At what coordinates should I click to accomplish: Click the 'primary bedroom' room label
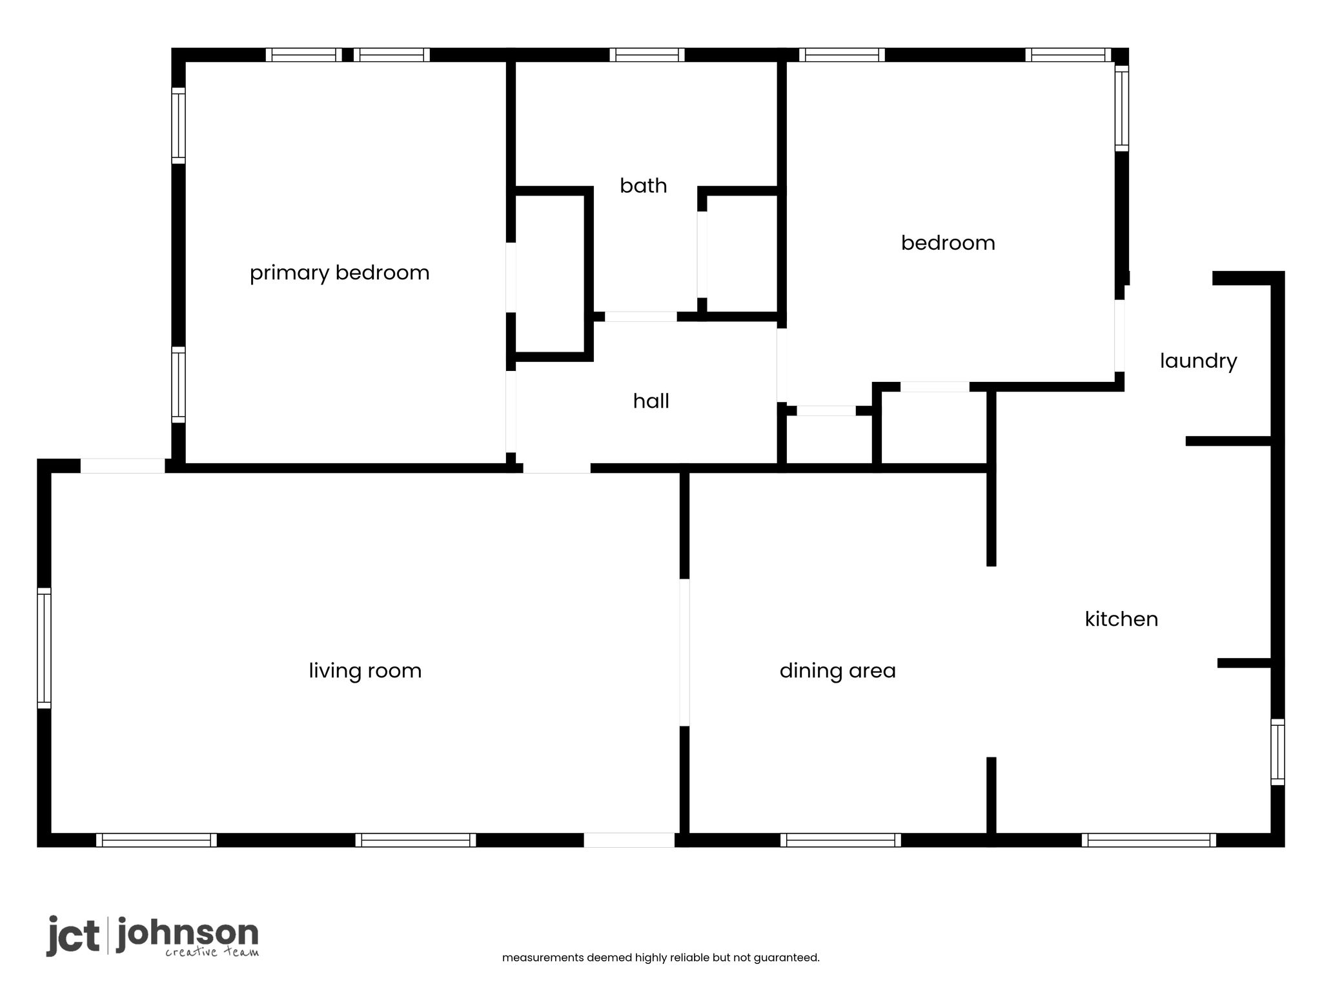pyautogui.click(x=340, y=273)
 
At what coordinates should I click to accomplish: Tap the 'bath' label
pyautogui.click(x=643, y=186)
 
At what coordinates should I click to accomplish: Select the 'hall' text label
pyautogui.click(x=651, y=401)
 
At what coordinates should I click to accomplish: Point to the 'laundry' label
pyautogui.click(x=1198, y=361)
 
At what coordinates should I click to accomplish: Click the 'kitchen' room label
pyautogui.click(x=1121, y=619)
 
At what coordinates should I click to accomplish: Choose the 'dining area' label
pyautogui.click(x=837, y=671)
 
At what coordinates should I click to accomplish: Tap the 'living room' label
pyautogui.click(x=365, y=671)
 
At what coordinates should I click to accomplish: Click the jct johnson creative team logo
pyautogui.click(x=152, y=936)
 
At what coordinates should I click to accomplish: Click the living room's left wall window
pyautogui.click(x=44, y=648)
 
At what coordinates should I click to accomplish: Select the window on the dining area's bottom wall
pyautogui.click(x=840, y=840)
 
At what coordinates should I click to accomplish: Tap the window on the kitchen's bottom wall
pyautogui.click(x=1149, y=840)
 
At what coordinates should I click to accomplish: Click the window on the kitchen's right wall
pyautogui.click(x=1277, y=752)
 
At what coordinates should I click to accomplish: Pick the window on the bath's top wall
pyautogui.click(x=647, y=55)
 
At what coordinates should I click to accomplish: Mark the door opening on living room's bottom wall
pyautogui.click(x=629, y=840)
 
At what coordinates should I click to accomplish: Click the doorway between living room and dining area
pyautogui.click(x=684, y=652)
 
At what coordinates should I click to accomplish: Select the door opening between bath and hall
pyautogui.click(x=640, y=317)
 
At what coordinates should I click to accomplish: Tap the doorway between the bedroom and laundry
pyautogui.click(x=1119, y=336)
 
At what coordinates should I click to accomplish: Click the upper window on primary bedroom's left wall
pyautogui.click(x=178, y=125)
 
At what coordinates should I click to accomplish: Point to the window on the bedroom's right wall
pyautogui.click(x=1122, y=108)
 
